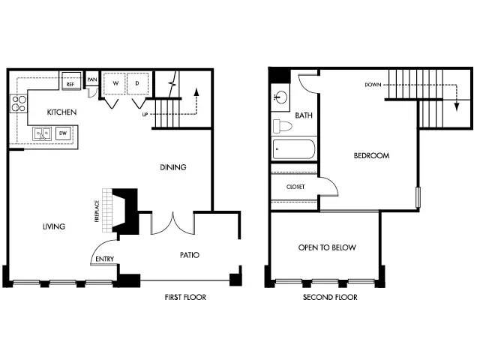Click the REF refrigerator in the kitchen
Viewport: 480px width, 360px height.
pyautogui.click(x=71, y=81)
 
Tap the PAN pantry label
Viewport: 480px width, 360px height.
pyautogui.click(x=92, y=79)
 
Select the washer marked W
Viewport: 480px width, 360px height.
pyautogui.click(x=115, y=83)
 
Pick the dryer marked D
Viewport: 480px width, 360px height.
pyautogui.click(x=137, y=83)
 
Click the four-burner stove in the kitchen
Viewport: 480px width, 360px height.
pyautogui.click(x=19, y=103)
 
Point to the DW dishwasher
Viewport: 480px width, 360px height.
pyautogui.click(x=63, y=133)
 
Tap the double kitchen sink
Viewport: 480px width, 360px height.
pyautogui.click(x=42, y=134)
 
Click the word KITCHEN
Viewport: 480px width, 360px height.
pyautogui.click(x=61, y=112)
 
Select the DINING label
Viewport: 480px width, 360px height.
pyautogui.click(x=173, y=167)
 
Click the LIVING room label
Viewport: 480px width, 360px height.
pyautogui.click(x=54, y=226)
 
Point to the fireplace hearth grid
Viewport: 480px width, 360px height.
pyautogui.click(x=107, y=211)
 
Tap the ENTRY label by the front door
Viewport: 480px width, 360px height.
pyautogui.click(x=105, y=259)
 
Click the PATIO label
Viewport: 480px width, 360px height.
pyautogui.click(x=190, y=255)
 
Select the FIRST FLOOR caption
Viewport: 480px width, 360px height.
pyautogui.click(x=185, y=297)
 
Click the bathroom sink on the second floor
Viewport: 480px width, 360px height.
pyautogui.click(x=280, y=98)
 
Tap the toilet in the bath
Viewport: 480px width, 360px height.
pyautogui.click(x=282, y=127)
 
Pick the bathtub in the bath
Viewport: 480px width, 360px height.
pyautogui.click(x=293, y=149)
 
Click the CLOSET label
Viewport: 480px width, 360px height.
pyautogui.click(x=295, y=187)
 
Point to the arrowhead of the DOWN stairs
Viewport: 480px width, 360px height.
pyautogui.click(x=457, y=106)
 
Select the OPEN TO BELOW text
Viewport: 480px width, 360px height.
pyautogui.click(x=327, y=247)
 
